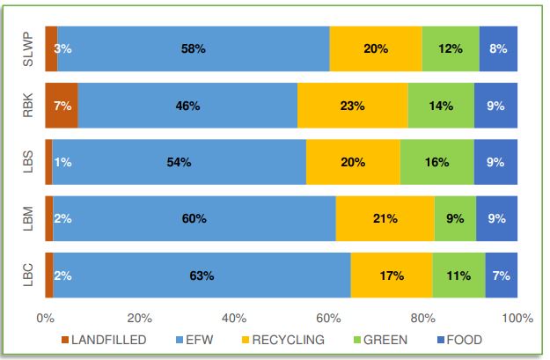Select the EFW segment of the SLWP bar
[193, 49]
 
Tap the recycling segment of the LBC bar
[391, 276]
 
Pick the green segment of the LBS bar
[436, 162]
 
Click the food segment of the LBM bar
[496, 219]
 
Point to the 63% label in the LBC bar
[202, 276]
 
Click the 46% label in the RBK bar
[188, 106]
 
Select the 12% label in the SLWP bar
[451, 49]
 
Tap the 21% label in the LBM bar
[385, 219]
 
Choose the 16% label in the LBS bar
[436, 162]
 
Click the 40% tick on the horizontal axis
[234, 318]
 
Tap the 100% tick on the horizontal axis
[517, 318]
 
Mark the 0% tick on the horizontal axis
[46, 318]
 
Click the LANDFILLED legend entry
[102, 339]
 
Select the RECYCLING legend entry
[282, 339]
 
